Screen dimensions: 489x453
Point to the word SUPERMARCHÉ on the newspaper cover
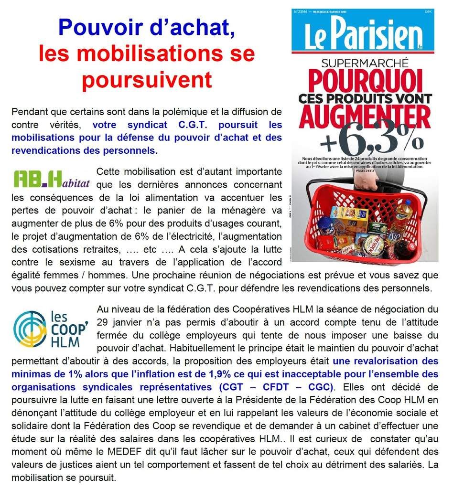click(x=365, y=62)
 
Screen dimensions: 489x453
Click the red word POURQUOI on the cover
click(x=365, y=79)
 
